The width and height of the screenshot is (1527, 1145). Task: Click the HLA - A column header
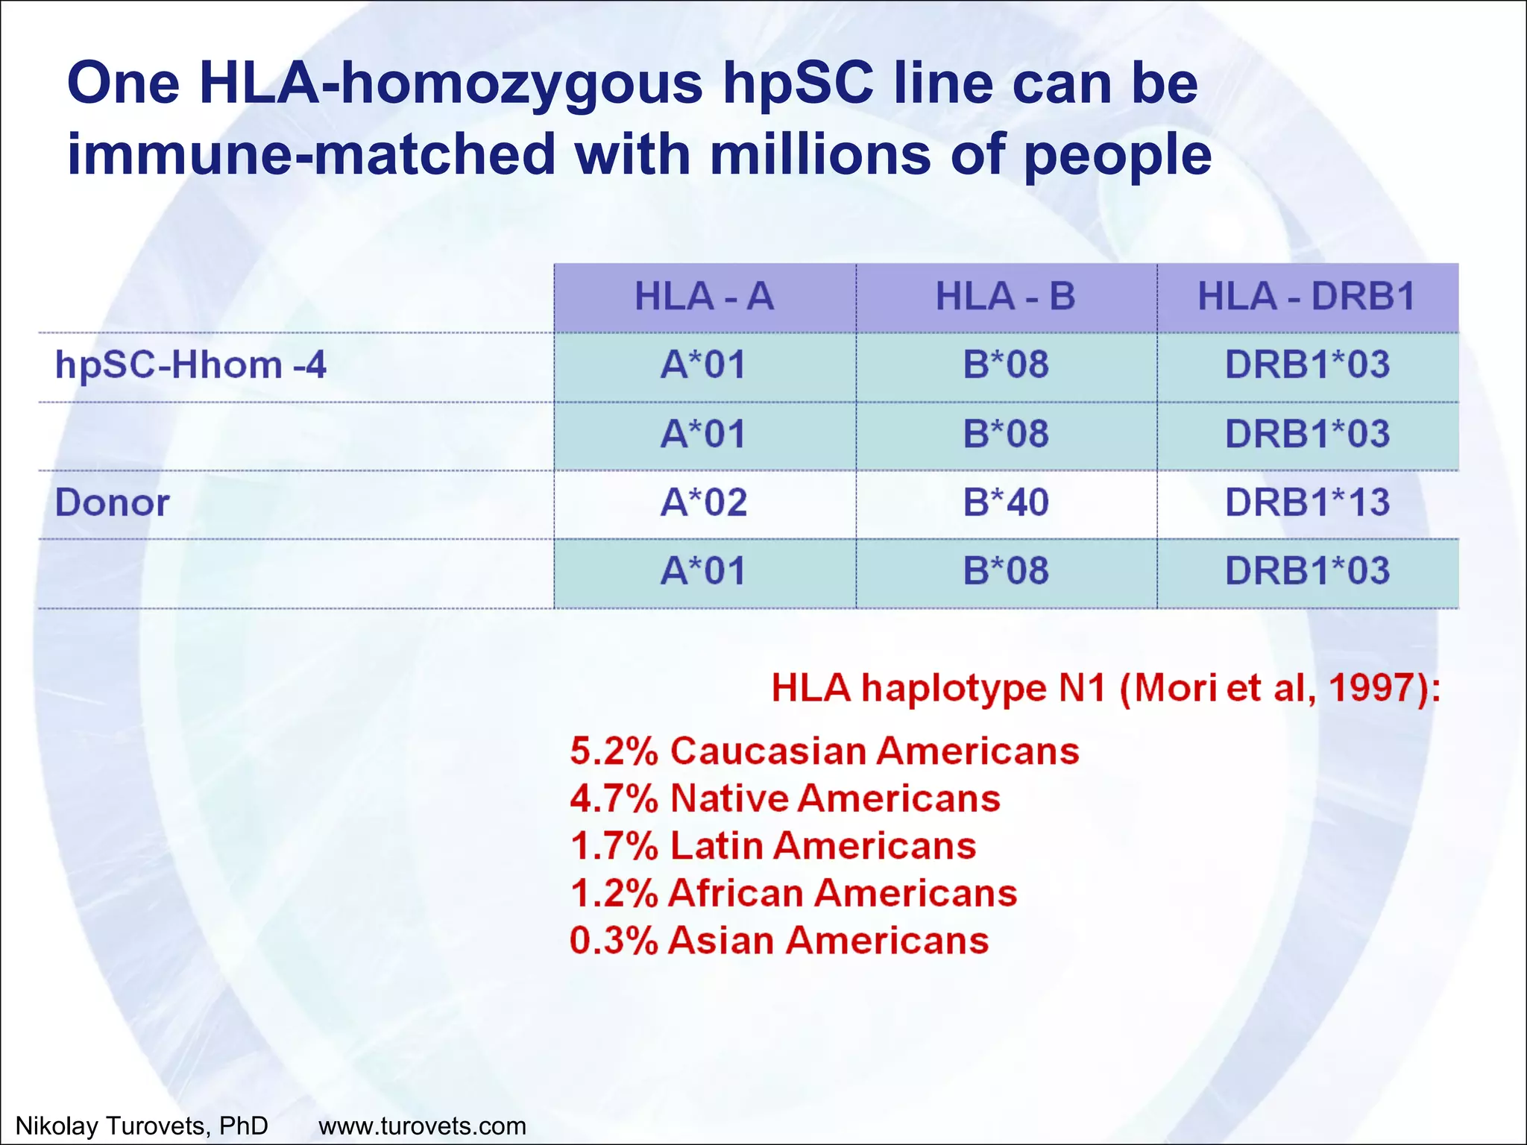[x=704, y=297]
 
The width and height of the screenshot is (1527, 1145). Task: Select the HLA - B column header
[x=1005, y=297]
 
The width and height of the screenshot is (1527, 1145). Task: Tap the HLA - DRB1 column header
[x=1306, y=297]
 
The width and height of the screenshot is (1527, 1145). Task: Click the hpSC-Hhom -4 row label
[x=191, y=365]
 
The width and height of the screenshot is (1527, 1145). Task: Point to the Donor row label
[x=112, y=503]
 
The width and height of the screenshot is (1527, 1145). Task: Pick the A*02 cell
[x=704, y=503]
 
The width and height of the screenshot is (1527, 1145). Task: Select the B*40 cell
[x=1005, y=503]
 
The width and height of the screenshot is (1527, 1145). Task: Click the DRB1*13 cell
[x=1307, y=503]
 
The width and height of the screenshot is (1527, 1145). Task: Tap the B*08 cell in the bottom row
[x=1005, y=572]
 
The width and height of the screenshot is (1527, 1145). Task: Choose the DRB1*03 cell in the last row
[x=1307, y=572]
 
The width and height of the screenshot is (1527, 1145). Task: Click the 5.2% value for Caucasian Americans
[x=614, y=751]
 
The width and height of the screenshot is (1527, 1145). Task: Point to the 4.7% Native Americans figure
[x=614, y=798]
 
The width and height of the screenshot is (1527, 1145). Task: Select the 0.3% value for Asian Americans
[x=614, y=941]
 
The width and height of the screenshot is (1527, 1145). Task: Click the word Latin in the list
[x=715, y=846]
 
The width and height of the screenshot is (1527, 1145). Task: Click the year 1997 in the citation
[x=1372, y=688]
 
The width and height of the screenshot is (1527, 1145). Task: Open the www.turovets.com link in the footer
[x=422, y=1126]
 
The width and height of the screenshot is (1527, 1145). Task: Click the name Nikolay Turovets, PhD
[x=142, y=1126]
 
